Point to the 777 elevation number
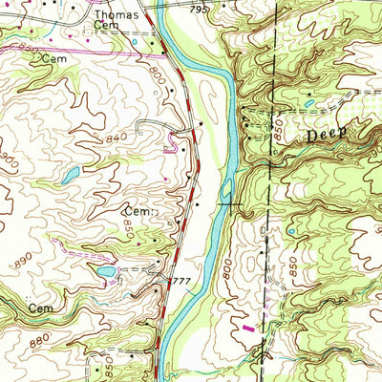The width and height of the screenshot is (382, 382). pos(180,281)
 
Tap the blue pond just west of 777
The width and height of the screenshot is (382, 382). pos(106,271)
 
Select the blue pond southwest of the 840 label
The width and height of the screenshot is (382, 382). pos(71,175)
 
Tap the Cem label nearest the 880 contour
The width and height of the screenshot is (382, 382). pos(39,309)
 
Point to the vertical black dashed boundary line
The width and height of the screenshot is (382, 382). pos(273,191)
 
